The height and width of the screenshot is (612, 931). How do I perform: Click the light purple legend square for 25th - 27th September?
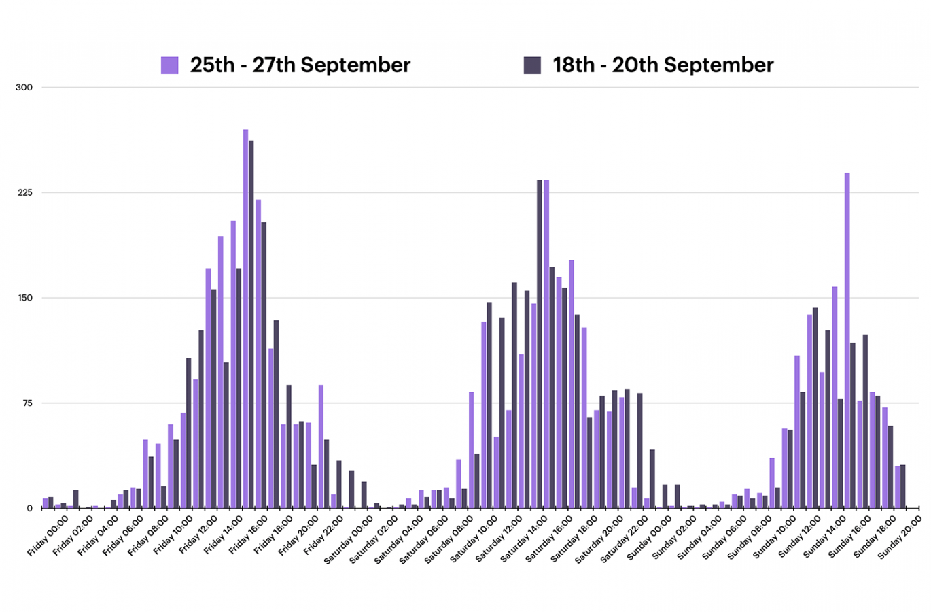(x=169, y=65)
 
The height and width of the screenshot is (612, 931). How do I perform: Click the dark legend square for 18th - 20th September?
(x=532, y=65)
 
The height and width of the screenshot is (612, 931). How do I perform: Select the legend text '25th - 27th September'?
(x=300, y=65)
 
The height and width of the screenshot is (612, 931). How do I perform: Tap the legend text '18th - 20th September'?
(x=663, y=65)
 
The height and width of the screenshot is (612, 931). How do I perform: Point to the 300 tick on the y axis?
(x=24, y=88)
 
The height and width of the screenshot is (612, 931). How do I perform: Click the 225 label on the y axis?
(x=24, y=193)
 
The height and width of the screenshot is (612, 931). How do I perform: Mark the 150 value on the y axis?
(x=24, y=299)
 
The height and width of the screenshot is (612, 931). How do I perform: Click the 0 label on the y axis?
(x=29, y=509)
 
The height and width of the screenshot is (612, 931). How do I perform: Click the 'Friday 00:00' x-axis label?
(x=48, y=535)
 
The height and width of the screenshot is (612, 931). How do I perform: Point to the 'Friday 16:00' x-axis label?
(x=249, y=535)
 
